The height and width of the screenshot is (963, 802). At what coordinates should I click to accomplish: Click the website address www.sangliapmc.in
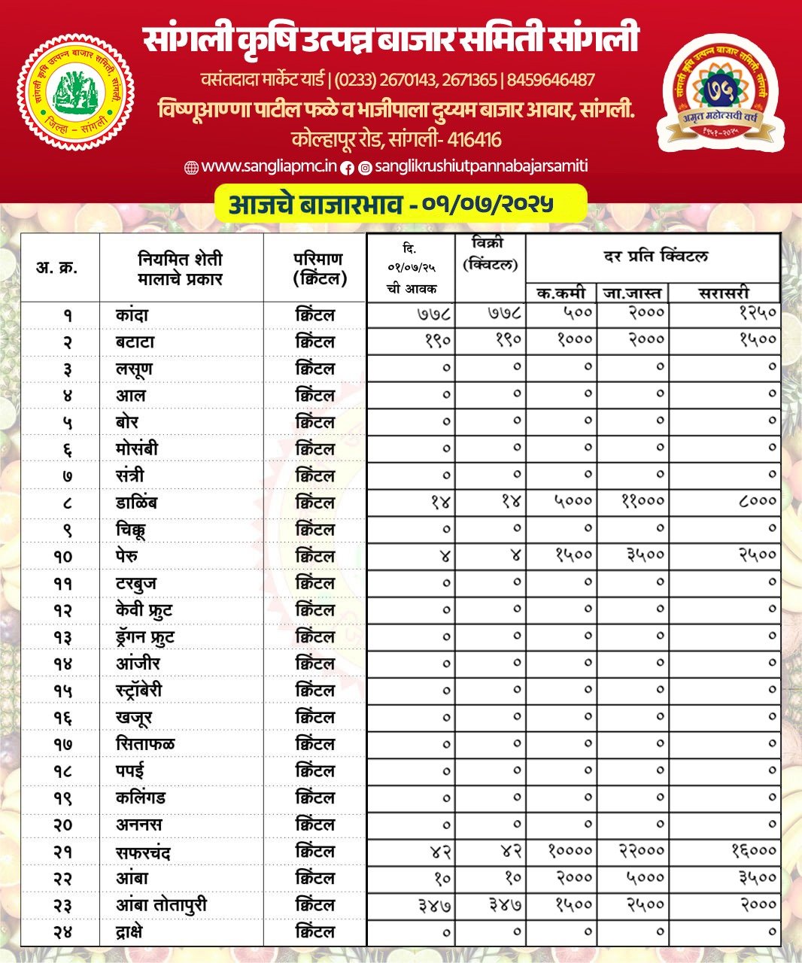[x=269, y=167]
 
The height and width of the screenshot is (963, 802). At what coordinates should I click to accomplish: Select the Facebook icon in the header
[x=347, y=168]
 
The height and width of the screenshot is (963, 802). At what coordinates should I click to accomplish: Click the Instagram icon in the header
[x=365, y=168]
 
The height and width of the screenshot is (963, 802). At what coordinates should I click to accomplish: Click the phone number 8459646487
[x=551, y=80]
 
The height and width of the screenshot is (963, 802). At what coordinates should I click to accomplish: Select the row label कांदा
[x=132, y=314]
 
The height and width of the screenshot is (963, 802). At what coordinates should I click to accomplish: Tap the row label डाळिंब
[x=136, y=503]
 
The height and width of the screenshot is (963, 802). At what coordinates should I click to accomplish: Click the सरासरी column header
[x=724, y=293]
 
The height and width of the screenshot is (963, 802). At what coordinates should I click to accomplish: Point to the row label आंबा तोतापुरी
[x=161, y=905]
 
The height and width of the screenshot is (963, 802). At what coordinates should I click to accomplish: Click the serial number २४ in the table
[x=63, y=933]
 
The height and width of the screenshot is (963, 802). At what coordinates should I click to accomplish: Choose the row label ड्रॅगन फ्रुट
[x=144, y=637]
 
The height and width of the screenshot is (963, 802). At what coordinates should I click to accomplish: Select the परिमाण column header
[x=318, y=269]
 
